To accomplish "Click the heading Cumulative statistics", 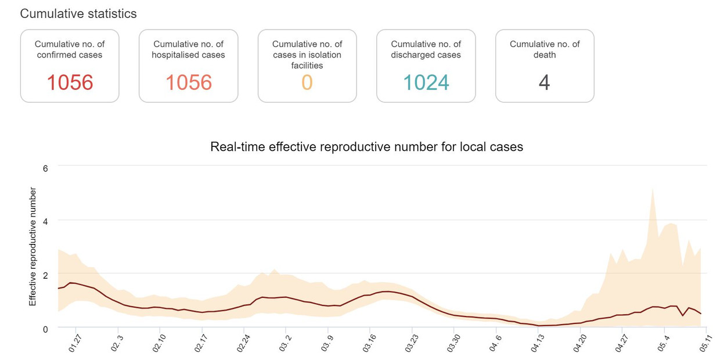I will point(78,13).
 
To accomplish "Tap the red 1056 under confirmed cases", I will point(70,82).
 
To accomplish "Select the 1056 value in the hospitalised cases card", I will point(189,82).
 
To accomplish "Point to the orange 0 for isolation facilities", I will point(307,82).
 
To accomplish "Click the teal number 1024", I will point(426,82).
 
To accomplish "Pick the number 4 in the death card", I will point(544,82).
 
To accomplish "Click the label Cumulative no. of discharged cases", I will point(426,49).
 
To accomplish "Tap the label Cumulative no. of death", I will point(545,49).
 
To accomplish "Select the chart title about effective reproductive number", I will point(366,147).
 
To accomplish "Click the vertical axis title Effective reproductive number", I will point(33,247).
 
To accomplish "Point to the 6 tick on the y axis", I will point(45,168).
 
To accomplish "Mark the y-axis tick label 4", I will point(45,221).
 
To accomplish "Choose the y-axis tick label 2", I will point(45,275).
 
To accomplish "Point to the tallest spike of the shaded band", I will point(653,189).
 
